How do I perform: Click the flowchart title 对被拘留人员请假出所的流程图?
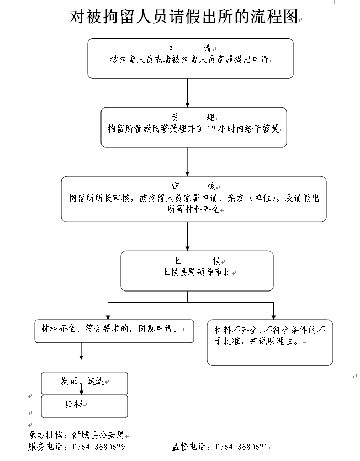(183, 17)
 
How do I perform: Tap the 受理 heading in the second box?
(193, 118)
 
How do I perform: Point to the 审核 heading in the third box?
(193, 187)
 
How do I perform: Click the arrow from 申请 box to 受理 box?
(188, 92)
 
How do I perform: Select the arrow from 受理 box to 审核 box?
(188, 161)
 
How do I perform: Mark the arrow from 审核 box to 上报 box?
(188, 236)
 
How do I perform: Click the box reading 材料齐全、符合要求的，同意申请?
(113, 330)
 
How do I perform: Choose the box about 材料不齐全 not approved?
(269, 342)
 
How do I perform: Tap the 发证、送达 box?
(84, 382)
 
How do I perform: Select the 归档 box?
(84, 406)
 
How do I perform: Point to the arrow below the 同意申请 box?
(81, 351)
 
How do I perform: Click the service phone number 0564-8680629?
(99, 447)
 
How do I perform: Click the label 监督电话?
(190, 447)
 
